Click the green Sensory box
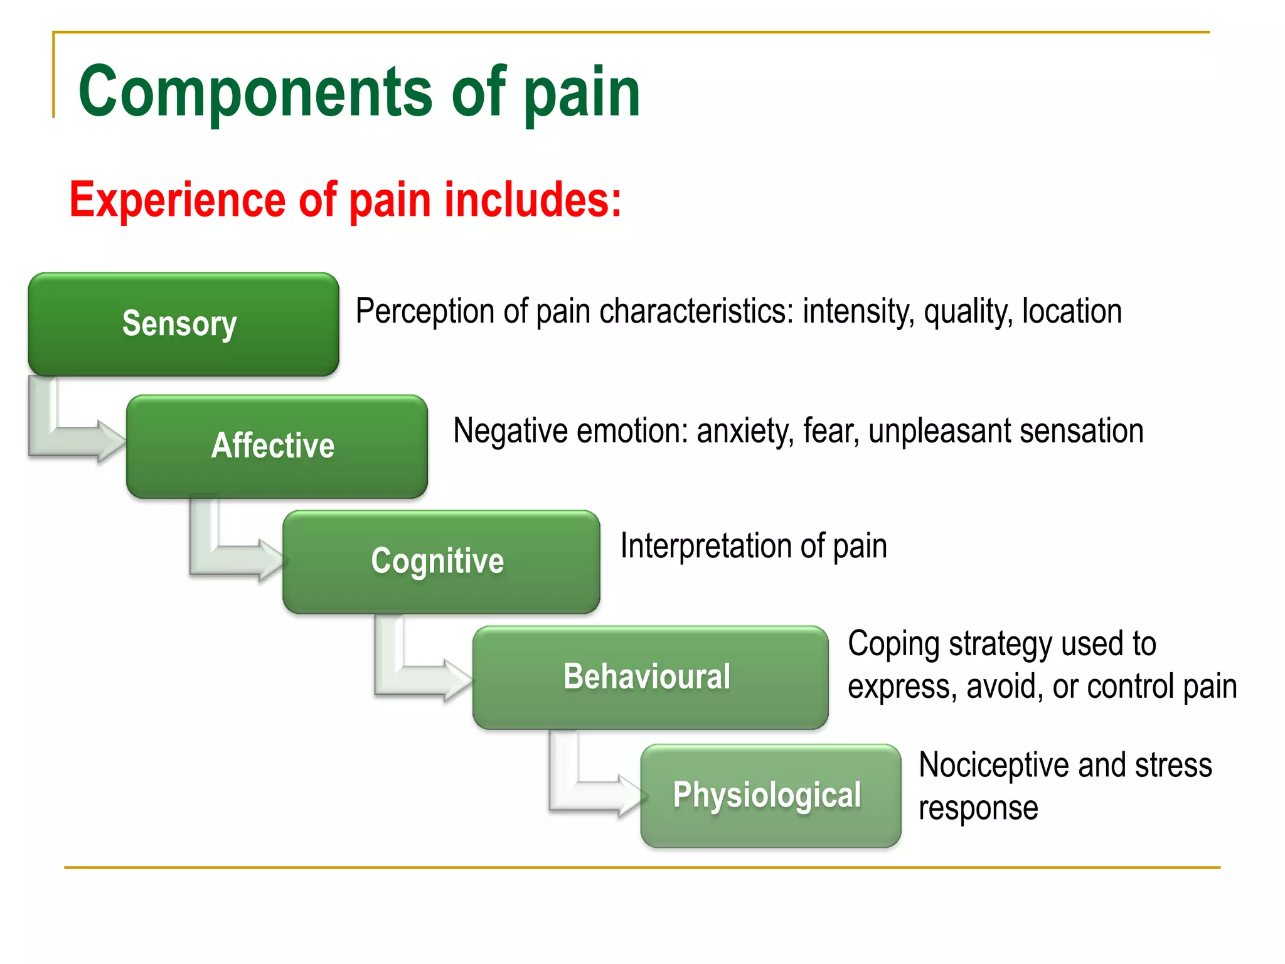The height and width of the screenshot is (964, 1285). (183, 324)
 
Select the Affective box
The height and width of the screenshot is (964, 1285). (277, 446)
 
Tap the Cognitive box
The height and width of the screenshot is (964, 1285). (441, 562)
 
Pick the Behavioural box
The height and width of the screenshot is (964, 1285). (650, 677)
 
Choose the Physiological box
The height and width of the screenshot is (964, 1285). (770, 796)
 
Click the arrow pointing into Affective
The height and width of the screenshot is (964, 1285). (75, 439)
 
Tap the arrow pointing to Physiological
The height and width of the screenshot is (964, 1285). (596, 795)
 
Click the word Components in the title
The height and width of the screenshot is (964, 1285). (255, 92)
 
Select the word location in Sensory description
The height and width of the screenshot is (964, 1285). (1072, 312)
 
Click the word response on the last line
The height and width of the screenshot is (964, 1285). (978, 808)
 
